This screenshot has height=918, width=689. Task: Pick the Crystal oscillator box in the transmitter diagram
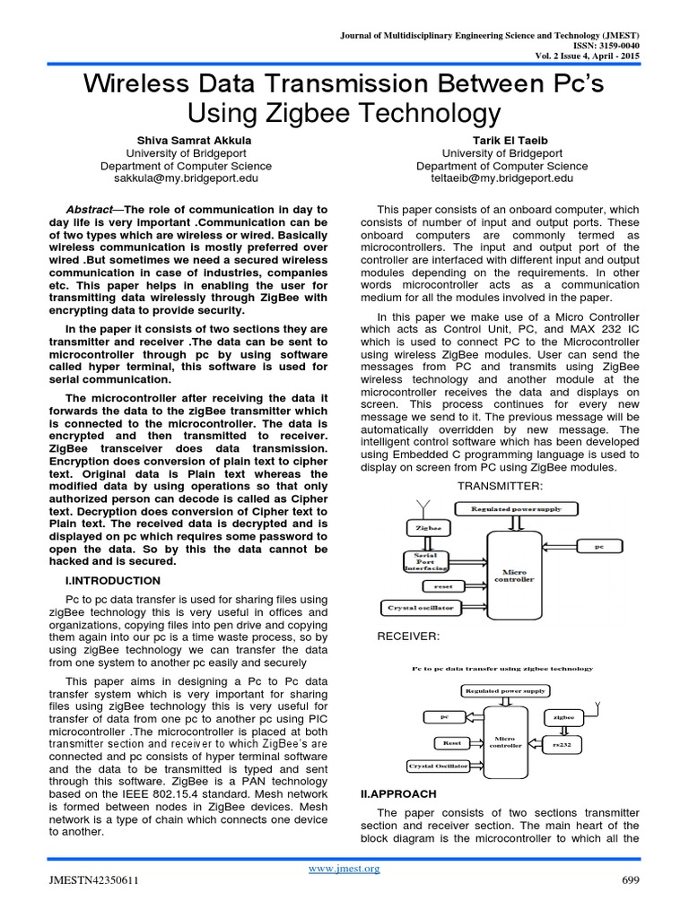pyautogui.click(x=421, y=607)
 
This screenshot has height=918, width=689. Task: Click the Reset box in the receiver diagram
pyautogui.click(x=450, y=742)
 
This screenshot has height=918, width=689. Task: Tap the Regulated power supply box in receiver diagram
pyautogui.click(x=504, y=691)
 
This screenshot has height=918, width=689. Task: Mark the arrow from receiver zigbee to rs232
pyautogui.click(x=563, y=730)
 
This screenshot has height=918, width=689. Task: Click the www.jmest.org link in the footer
pyautogui.click(x=344, y=868)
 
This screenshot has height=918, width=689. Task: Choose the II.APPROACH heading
pyautogui.click(x=397, y=793)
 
